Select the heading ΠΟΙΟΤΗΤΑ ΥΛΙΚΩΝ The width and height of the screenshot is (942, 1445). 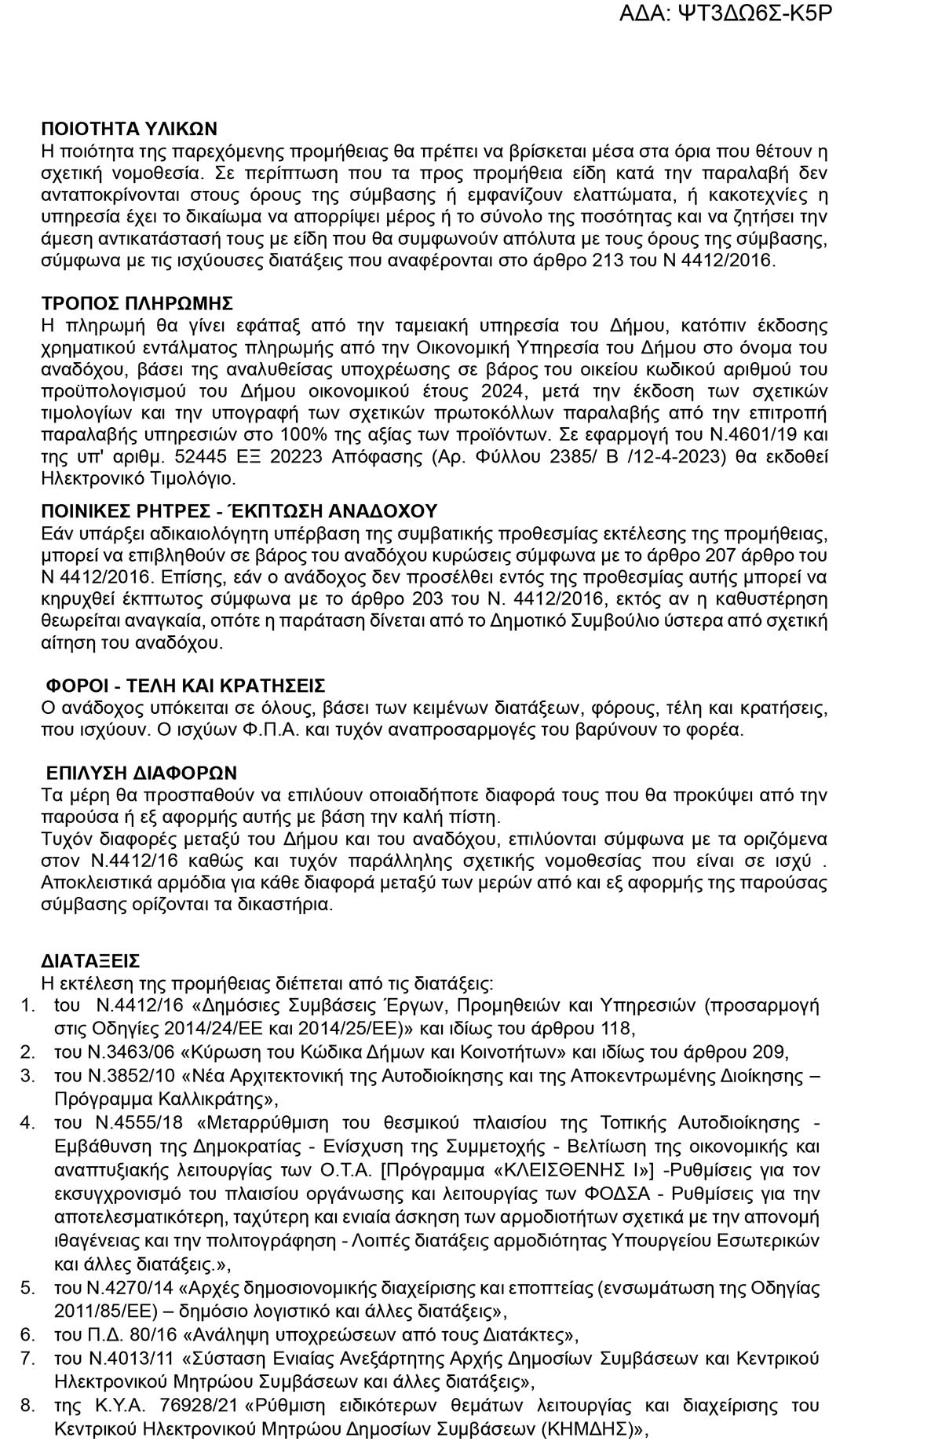coord(129,130)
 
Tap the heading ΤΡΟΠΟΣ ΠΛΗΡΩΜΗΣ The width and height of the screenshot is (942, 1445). coord(137,304)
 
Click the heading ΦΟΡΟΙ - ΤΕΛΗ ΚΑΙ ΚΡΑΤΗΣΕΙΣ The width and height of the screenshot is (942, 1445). coord(185,686)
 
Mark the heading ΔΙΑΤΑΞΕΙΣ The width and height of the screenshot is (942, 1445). coord(90,961)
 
